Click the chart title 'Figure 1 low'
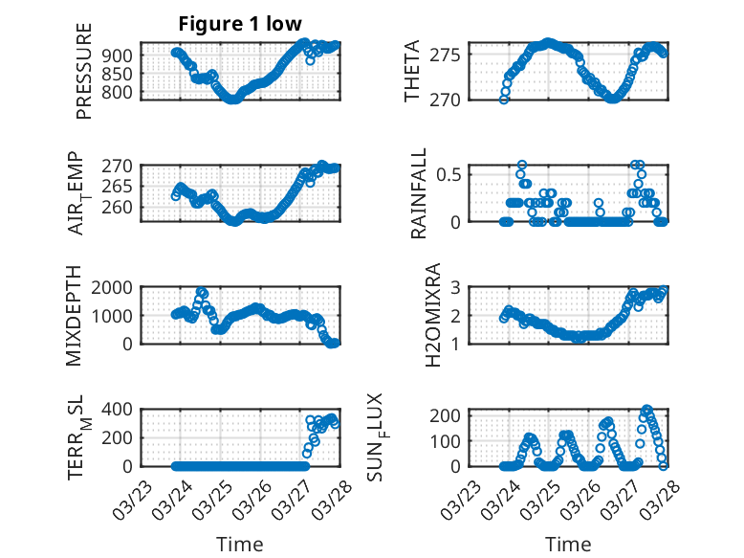coord(240,24)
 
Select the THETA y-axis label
coord(412,71)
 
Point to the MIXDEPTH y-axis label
coord(75,317)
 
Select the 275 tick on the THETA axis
coord(450,55)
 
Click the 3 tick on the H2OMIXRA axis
coord(459,287)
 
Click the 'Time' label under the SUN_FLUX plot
coord(568,545)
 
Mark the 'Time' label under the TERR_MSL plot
coord(240,545)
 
